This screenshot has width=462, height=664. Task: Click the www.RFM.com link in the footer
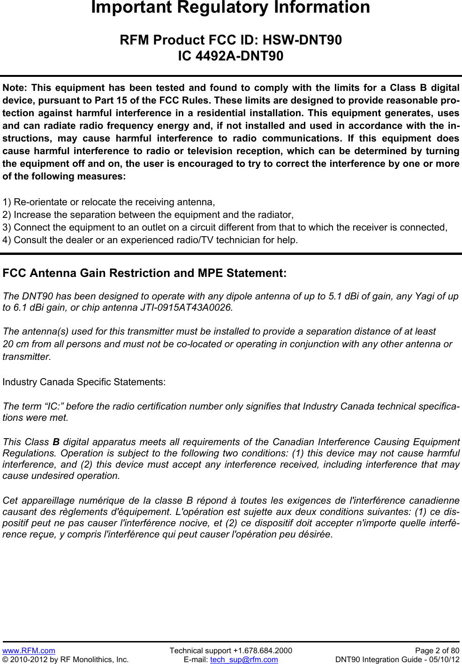point(29,650)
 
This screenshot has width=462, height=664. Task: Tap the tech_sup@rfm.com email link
point(244,659)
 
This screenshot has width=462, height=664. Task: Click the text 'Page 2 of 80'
point(437,650)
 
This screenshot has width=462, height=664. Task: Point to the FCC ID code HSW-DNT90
point(302,40)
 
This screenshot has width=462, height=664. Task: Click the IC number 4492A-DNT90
point(239,56)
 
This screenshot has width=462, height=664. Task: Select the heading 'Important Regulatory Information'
point(230,7)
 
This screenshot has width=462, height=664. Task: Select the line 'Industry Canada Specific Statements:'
point(84,382)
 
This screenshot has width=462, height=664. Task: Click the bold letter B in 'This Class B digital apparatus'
point(56,442)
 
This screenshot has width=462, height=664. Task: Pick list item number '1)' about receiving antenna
point(7,202)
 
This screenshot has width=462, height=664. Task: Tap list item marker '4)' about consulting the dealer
point(7,240)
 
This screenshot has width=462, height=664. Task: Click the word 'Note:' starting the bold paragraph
point(15,88)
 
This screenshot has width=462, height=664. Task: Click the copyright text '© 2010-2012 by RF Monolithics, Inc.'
point(66,659)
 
